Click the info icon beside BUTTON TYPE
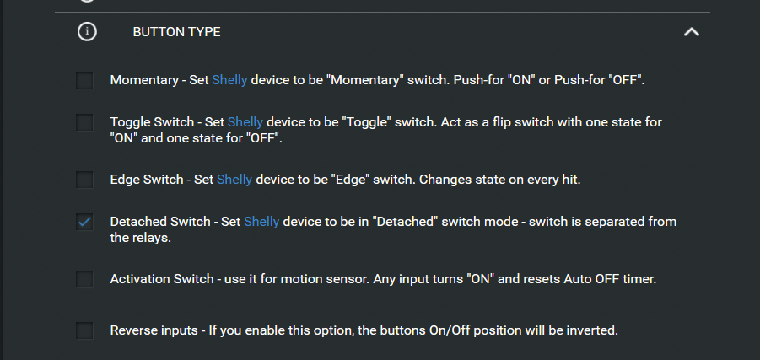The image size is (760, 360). click(x=87, y=32)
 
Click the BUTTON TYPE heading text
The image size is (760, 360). click(x=176, y=32)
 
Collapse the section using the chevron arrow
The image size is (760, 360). click(x=691, y=32)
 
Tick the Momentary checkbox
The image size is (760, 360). click(x=84, y=80)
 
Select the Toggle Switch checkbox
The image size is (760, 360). click(x=84, y=122)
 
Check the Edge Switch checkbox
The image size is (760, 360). click(x=84, y=180)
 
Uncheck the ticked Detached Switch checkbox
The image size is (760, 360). click(x=84, y=222)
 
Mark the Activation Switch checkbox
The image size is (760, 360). click(x=84, y=279)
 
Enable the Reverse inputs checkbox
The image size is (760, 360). click(x=84, y=331)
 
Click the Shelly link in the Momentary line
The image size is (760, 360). click(x=229, y=80)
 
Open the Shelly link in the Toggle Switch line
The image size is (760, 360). click(x=245, y=122)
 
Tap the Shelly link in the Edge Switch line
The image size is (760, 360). click(x=234, y=180)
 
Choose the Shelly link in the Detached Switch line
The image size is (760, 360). click(x=261, y=222)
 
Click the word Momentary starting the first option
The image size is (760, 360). click(x=144, y=80)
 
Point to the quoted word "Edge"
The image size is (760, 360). click(x=348, y=180)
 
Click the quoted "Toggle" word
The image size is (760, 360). click(x=367, y=122)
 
